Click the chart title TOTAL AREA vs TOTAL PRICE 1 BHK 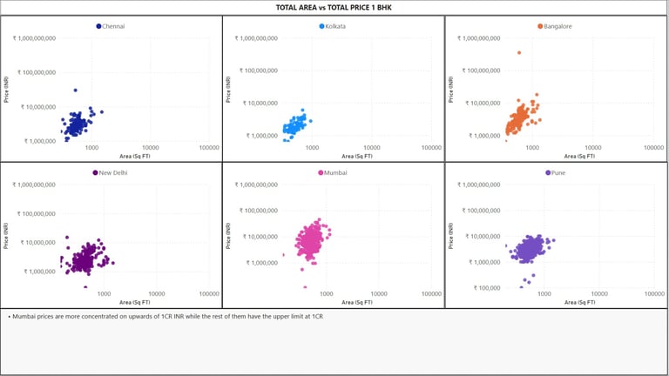[x=334, y=8]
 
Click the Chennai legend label [x=113, y=26]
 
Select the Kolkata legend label [x=335, y=26]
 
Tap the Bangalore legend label [x=557, y=26]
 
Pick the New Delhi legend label [x=114, y=172]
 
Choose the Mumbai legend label [x=335, y=172]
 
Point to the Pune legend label [x=558, y=172]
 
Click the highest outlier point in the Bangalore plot [x=519, y=52]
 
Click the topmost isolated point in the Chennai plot [x=76, y=90]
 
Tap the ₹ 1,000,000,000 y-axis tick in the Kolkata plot [x=256, y=38]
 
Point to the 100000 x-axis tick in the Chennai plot [x=209, y=147]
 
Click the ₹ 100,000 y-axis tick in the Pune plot [x=482, y=288]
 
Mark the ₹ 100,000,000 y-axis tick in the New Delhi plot [x=36, y=213]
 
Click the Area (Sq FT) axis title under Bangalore [x=579, y=157]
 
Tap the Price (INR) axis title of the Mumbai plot [x=229, y=236]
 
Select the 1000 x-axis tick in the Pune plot [x=545, y=293]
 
